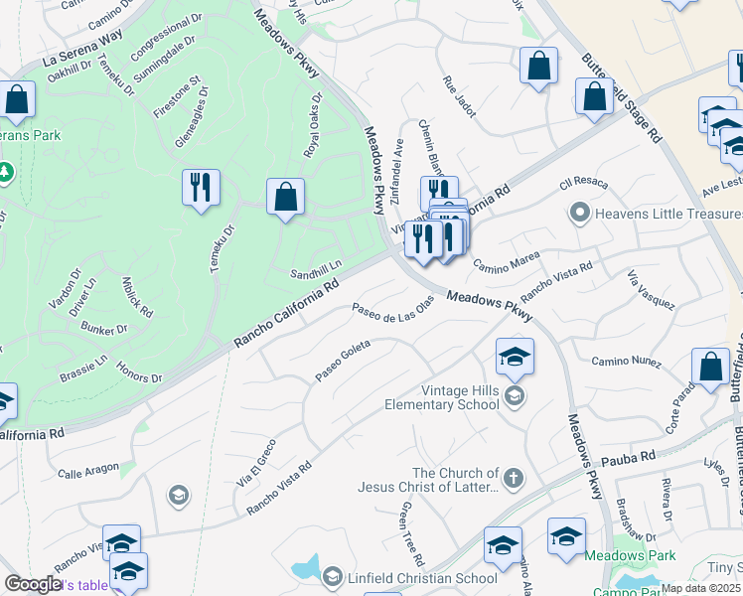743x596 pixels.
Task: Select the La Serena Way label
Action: tap(82, 48)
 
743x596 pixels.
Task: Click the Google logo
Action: tap(33, 584)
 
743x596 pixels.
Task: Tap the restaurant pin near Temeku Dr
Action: tap(202, 187)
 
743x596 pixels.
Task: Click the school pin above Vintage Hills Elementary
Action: tap(515, 358)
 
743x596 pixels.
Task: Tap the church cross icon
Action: tap(513, 479)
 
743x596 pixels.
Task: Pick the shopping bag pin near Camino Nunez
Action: tap(711, 367)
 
